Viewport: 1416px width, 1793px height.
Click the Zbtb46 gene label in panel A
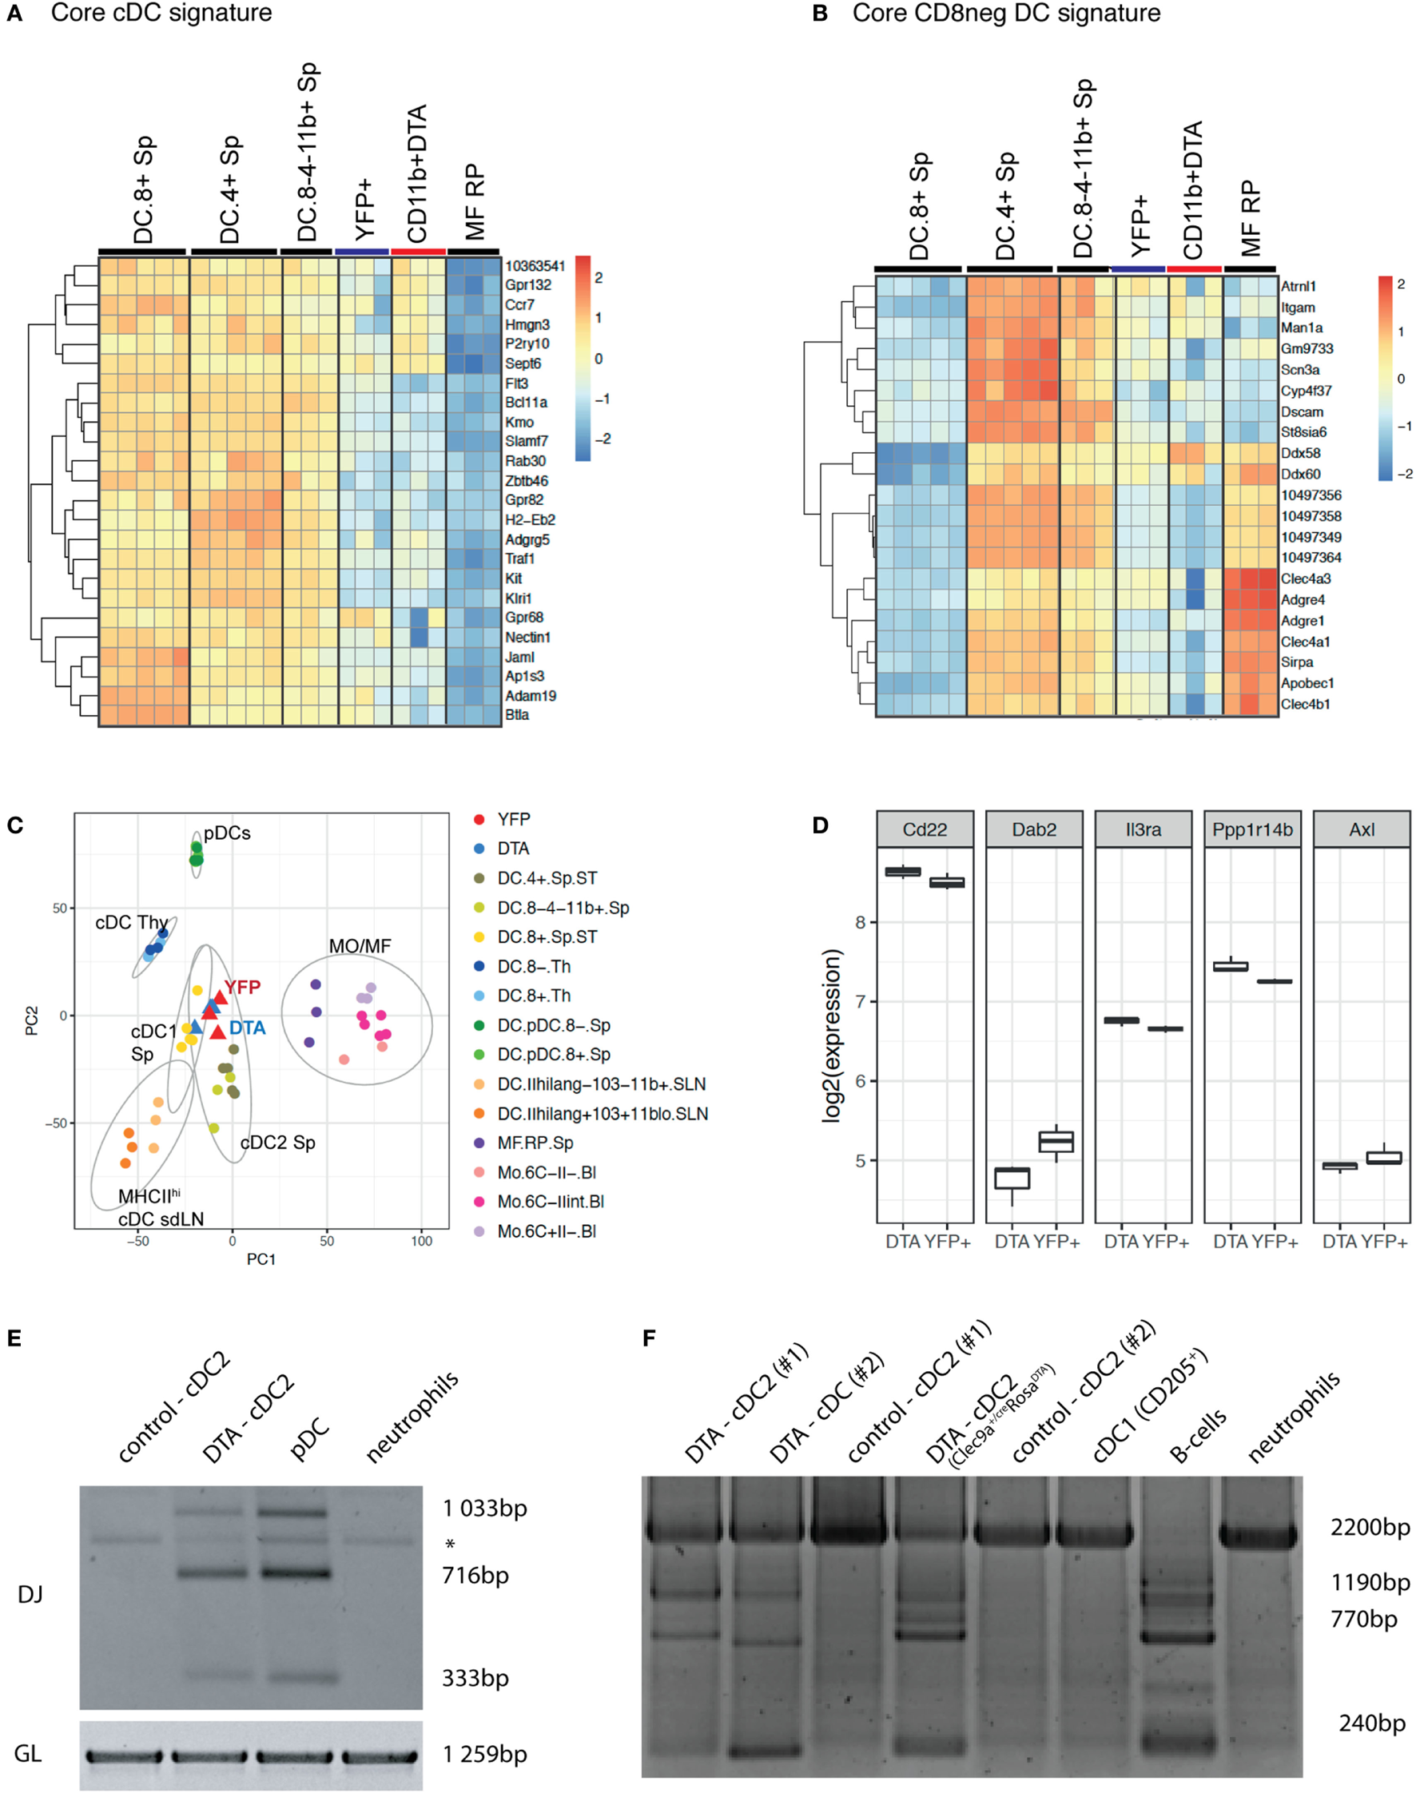click(527, 481)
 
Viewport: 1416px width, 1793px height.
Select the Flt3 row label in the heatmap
click(516, 384)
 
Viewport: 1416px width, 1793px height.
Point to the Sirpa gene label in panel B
click(1297, 662)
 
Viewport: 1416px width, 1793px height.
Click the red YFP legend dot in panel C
click(479, 820)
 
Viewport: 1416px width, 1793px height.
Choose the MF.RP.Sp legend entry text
click(535, 1143)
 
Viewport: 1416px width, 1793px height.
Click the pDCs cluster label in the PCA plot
click(227, 834)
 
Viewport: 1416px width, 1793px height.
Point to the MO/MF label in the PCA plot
click(360, 947)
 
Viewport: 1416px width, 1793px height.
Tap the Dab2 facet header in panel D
click(1034, 829)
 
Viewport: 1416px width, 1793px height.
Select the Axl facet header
click(1362, 829)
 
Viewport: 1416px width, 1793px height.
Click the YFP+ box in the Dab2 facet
click(1056, 1142)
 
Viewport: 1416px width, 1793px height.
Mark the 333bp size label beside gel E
click(475, 1679)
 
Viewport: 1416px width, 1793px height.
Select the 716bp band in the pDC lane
click(296, 1572)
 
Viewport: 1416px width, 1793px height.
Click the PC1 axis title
click(261, 1260)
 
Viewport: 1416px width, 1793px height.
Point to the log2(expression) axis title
click(832, 1036)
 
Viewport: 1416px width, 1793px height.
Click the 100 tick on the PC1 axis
click(421, 1242)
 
